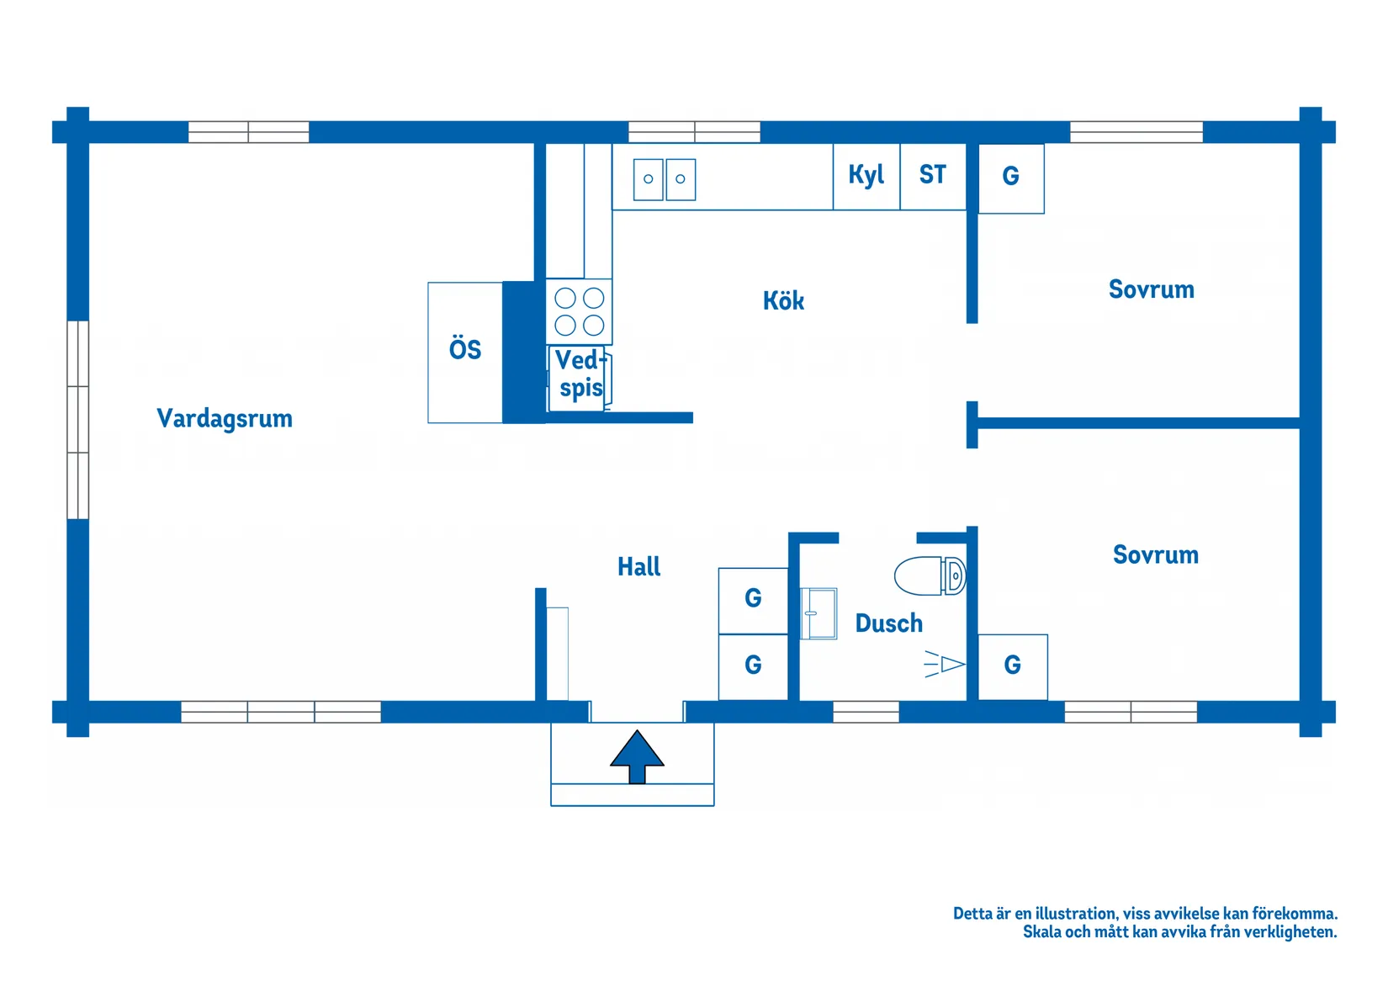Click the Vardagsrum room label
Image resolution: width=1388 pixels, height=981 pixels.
point(225,419)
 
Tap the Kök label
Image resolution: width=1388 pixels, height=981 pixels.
point(783,300)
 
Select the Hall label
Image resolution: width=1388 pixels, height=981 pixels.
point(638,566)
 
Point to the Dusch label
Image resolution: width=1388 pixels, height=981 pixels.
point(888,623)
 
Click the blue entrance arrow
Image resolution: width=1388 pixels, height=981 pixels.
point(637,757)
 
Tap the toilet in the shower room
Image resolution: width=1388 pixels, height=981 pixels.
point(930,575)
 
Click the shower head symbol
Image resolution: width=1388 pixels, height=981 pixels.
point(945,665)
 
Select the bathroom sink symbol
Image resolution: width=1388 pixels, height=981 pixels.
point(818,613)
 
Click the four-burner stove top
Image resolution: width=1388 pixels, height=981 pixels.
point(579,311)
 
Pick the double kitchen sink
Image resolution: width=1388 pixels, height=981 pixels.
point(665,180)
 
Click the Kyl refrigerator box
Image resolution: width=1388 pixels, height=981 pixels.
point(866,177)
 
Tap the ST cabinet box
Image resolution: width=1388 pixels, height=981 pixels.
point(933,177)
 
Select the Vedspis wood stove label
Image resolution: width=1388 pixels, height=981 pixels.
point(580,374)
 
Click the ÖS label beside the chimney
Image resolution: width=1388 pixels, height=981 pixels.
point(464,349)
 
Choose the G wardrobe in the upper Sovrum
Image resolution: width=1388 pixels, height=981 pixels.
point(1011,178)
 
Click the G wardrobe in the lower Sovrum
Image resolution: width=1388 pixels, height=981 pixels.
point(1013,667)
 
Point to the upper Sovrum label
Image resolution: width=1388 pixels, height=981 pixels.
point(1152,289)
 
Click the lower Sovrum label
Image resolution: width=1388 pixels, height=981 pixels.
point(1156,554)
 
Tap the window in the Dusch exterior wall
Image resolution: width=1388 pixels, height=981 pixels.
point(866,712)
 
